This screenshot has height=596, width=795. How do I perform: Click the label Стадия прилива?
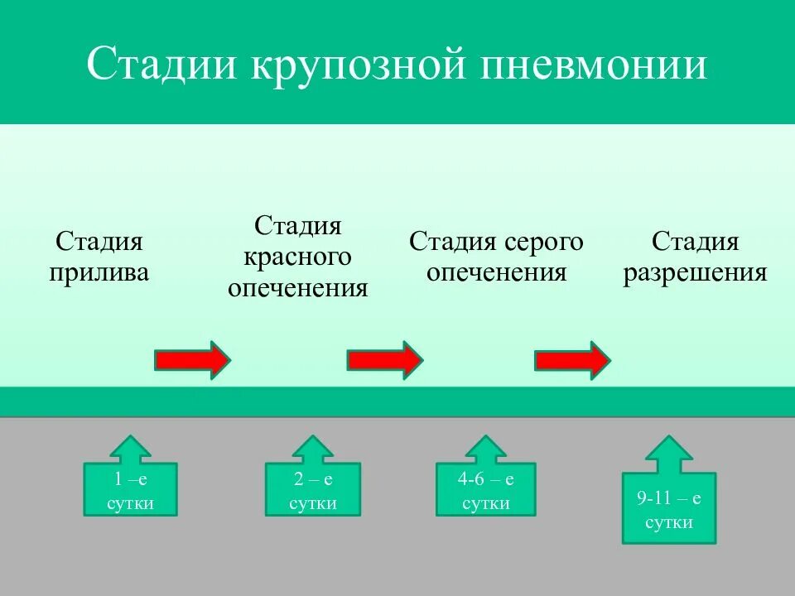tap(99, 257)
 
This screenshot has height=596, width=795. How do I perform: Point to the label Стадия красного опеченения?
tap(298, 257)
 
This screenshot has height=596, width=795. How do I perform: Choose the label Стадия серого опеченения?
tap(496, 257)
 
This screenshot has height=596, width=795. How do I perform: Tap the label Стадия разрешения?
tap(695, 257)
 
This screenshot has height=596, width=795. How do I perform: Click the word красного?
tap(298, 257)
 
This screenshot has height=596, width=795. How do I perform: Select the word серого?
tap(543, 243)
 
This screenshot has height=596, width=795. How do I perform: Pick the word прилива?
tap(99, 272)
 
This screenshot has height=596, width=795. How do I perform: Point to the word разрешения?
tap(695, 272)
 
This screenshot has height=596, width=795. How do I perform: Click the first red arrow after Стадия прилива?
tap(192, 360)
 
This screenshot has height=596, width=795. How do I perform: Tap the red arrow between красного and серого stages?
tap(384, 360)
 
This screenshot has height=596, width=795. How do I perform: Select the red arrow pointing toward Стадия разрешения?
tap(572, 360)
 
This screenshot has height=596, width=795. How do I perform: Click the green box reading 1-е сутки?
tap(130, 490)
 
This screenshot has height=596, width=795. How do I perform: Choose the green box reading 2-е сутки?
tap(313, 490)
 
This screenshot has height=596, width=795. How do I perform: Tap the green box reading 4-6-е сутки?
tap(486, 490)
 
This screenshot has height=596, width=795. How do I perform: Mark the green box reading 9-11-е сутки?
tap(669, 508)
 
